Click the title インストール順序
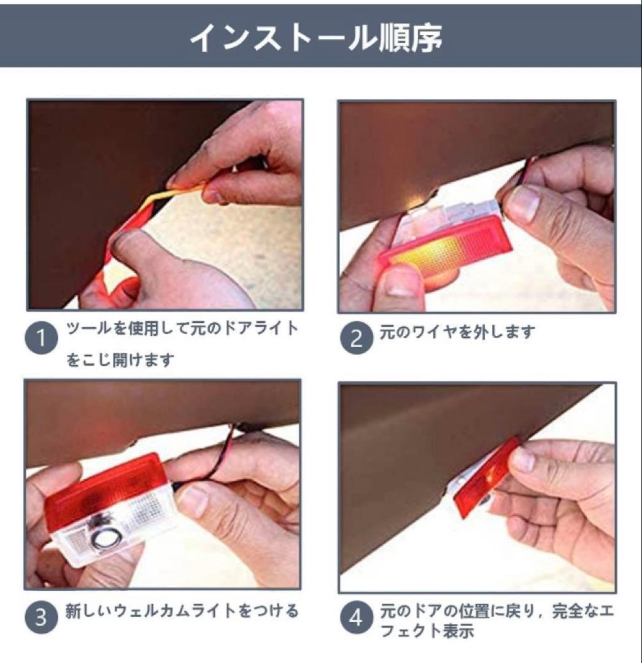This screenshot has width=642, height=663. (x=315, y=37)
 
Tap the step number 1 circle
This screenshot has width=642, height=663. (x=41, y=338)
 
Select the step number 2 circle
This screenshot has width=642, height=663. (x=356, y=338)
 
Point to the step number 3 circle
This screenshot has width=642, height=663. (x=41, y=617)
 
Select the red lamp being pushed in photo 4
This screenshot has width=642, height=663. (x=486, y=478)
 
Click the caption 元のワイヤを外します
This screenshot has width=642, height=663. (x=457, y=332)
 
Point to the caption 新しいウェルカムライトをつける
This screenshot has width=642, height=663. (x=182, y=611)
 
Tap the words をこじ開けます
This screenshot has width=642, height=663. (x=120, y=360)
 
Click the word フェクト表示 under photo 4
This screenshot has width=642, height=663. (x=427, y=631)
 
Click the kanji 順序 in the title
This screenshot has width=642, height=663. (x=410, y=37)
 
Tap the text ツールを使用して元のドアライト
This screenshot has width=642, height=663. (x=182, y=328)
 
